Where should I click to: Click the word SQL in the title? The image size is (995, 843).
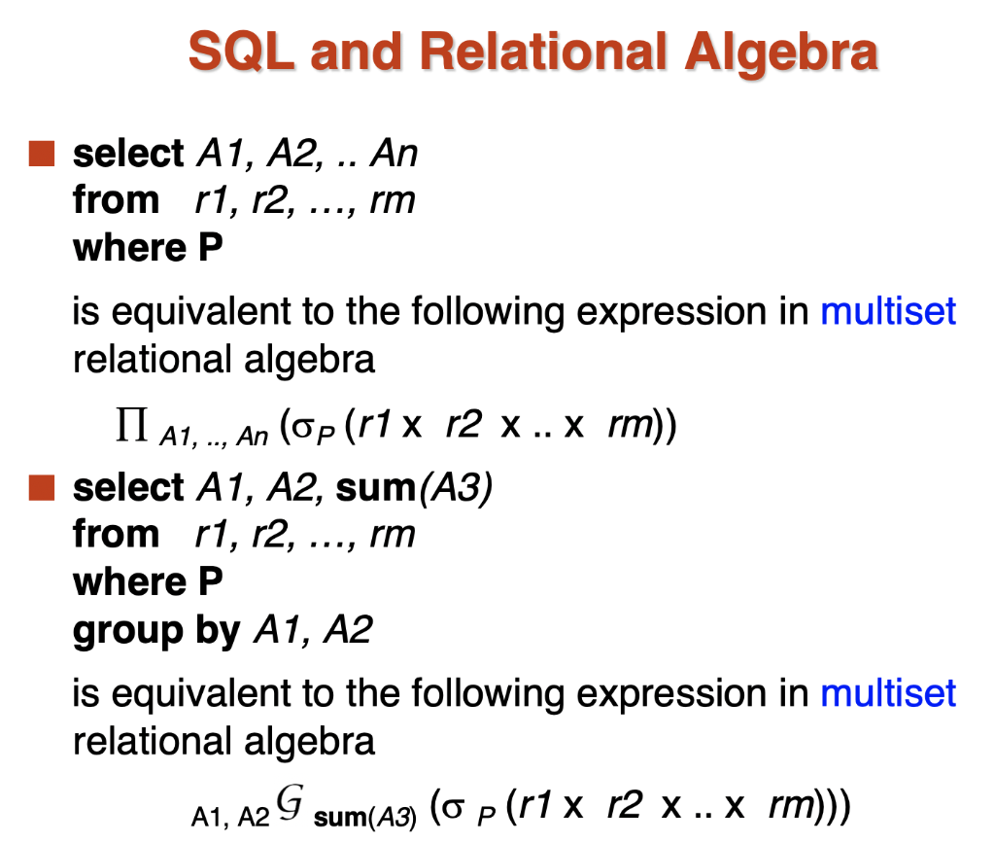pyautogui.click(x=242, y=53)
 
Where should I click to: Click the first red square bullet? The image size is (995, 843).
pyautogui.click(x=42, y=154)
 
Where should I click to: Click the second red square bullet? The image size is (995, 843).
pyautogui.click(x=42, y=487)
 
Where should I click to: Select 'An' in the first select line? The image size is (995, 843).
pyautogui.click(x=395, y=154)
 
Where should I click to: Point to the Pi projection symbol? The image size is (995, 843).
pyautogui.click(x=132, y=424)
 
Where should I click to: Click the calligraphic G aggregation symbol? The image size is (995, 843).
pyautogui.click(x=291, y=802)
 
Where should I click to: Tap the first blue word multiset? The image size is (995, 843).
pyautogui.click(x=888, y=311)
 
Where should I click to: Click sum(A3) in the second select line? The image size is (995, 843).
pyautogui.click(x=414, y=488)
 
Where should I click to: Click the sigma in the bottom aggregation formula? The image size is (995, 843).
pyautogui.click(x=453, y=808)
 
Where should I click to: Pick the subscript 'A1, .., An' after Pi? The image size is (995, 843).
pyautogui.click(x=214, y=437)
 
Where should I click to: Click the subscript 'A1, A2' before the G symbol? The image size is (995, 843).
pyautogui.click(x=230, y=817)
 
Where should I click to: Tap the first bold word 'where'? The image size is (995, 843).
pyautogui.click(x=130, y=247)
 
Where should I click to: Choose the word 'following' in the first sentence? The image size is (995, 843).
pyautogui.click(x=488, y=313)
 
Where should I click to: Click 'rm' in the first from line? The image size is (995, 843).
pyautogui.click(x=393, y=201)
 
